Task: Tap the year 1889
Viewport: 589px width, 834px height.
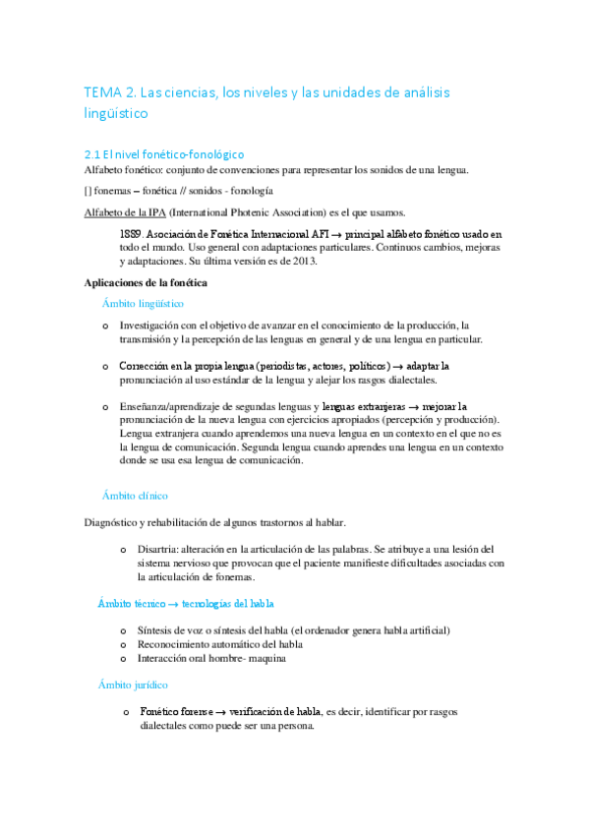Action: [133, 234]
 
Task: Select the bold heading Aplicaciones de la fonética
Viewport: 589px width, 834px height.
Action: [145, 283]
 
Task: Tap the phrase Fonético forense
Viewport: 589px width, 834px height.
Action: [175, 711]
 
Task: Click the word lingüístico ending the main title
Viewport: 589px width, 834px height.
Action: [116, 114]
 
